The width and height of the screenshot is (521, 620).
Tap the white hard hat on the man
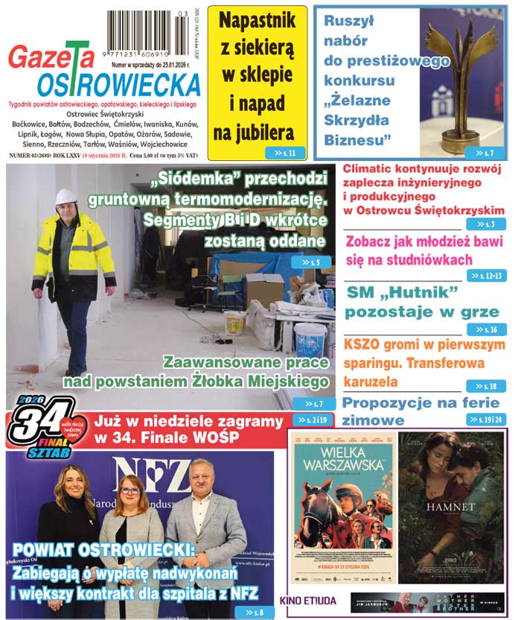click(x=66, y=197)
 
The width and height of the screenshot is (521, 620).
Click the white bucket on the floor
click(x=310, y=339)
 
